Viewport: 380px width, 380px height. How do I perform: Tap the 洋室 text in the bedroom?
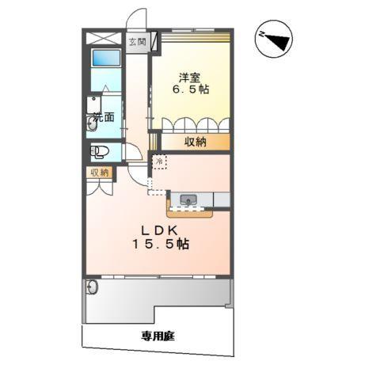click(x=188, y=78)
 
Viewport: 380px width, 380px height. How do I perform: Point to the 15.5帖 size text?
click(x=165, y=244)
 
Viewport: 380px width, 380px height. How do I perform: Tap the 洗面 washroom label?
click(x=104, y=117)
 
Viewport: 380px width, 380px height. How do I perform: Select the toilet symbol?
click(x=100, y=152)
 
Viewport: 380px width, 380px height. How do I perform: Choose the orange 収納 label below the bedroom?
click(x=196, y=142)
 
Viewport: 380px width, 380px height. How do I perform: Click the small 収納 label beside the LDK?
click(x=98, y=172)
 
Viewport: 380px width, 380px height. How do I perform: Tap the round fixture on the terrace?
click(x=92, y=287)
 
